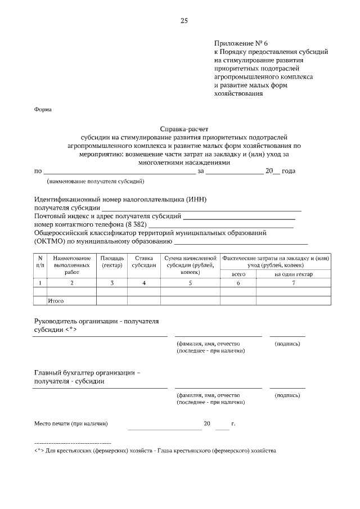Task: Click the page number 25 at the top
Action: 183,21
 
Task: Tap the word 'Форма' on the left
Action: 43,110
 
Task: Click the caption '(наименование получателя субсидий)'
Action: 96,181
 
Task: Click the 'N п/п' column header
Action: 40,261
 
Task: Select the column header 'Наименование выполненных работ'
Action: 72,264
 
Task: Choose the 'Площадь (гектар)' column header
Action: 112,261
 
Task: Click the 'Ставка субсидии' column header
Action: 144,261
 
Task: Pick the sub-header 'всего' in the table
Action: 238,274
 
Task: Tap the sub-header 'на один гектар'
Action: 293,274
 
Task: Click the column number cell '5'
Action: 190,282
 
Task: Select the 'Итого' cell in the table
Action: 56,301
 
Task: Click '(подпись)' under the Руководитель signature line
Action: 287,343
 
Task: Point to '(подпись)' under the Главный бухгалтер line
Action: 287,395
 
